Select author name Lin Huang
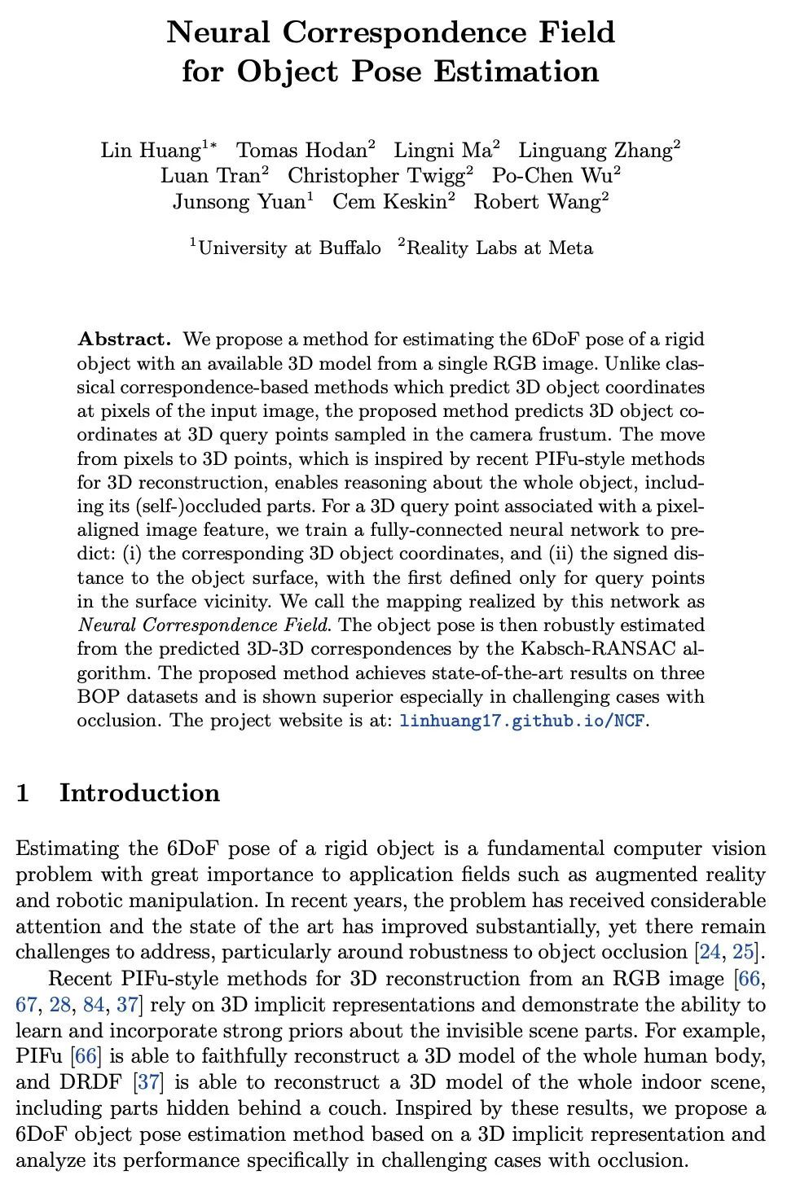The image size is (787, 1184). coord(151,151)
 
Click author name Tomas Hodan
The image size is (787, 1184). coord(301,151)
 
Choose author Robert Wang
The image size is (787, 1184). coord(537,202)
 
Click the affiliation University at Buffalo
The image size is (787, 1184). coord(289,248)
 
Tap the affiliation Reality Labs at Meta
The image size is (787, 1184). coord(499,248)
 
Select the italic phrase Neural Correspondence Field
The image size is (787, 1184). coord(204,626)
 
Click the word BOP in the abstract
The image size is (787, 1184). coord(98,698)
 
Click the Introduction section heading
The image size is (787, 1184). coord(139,793)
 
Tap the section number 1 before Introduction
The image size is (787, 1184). coord(24,793)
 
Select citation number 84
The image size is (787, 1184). coord(94,1005)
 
